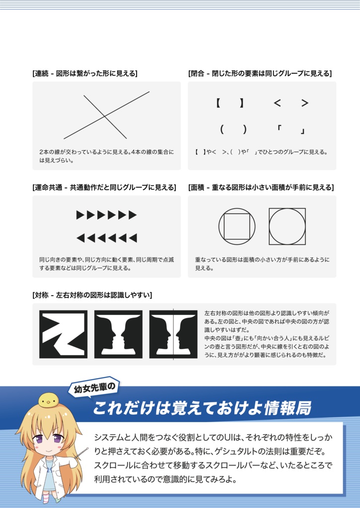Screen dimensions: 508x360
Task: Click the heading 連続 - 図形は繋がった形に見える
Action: pos(84,73)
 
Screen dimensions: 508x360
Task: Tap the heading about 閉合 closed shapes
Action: pos(260,73)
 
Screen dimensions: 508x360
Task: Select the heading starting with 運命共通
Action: pos(104,188)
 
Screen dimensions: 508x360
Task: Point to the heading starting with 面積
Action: pos(261,188)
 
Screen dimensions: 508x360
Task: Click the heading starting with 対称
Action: pos(92,295)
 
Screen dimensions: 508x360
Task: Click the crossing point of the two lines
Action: pos(104,117)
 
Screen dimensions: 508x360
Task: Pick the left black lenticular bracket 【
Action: pos(218,103)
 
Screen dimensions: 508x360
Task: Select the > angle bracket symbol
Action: pos(305,103)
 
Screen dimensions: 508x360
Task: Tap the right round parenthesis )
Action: pos(245,130)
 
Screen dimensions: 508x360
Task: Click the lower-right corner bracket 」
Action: pos(302,131)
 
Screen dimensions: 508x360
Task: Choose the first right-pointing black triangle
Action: pos(80,215)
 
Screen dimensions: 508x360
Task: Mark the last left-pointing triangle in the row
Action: pos(133,238)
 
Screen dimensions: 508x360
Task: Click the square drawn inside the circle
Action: pos(237,226)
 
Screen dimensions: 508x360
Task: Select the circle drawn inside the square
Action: pos(287,226)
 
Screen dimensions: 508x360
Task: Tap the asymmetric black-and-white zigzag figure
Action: pos(64,334)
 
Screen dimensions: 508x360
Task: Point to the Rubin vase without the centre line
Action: pos(118,334)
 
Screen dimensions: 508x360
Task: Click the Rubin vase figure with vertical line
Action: pos(173,334)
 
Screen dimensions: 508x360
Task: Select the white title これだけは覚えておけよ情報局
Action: pos(202,408)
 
